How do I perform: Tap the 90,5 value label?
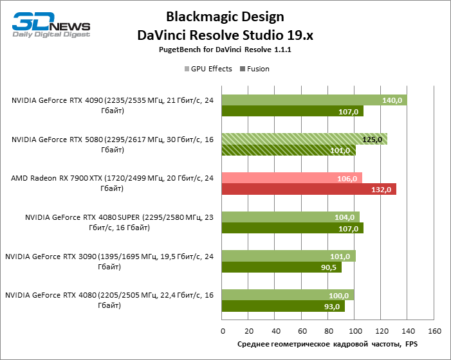pos(329,267)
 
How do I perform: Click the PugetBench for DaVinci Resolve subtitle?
pos(225,50)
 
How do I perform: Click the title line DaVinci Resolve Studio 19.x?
pos(225,35)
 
